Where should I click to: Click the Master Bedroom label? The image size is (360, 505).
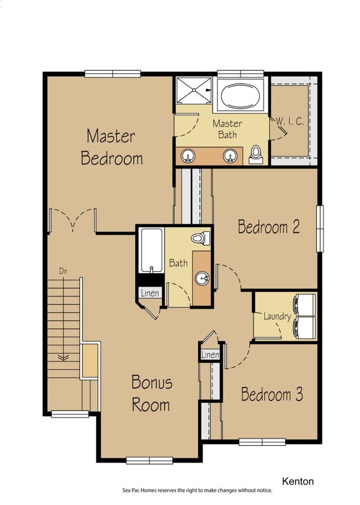tap(111, 147)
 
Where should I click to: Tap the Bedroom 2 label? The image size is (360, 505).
tap(269, 226)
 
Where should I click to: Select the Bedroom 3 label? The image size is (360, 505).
tap(272, 394)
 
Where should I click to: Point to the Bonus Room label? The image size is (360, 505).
tap(152, 393)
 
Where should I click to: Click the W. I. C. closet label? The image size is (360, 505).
tap(290, 121)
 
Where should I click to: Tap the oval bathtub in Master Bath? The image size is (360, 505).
tap(240, 96)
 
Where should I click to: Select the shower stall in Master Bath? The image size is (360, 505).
tap(194, 90)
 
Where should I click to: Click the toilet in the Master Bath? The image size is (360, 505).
tap(256, 155)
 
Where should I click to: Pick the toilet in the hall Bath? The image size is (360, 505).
tap(200, 239)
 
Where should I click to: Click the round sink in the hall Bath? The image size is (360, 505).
tap(202, 277)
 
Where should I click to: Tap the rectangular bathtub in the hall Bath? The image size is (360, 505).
tap(152, 251)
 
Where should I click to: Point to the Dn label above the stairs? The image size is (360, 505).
tap(63, 271)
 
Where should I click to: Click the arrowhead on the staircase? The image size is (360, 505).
tap(63, 357)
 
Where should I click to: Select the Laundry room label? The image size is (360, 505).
tap(277, 316)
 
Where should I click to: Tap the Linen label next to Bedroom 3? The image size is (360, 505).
tap(210, 354)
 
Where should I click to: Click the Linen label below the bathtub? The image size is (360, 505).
tap(150, 293)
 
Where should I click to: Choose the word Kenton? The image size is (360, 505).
tap(298, 481)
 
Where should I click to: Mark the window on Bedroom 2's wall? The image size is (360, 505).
tap(320, 229)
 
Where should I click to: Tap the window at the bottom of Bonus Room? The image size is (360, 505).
tap(150, 461)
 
